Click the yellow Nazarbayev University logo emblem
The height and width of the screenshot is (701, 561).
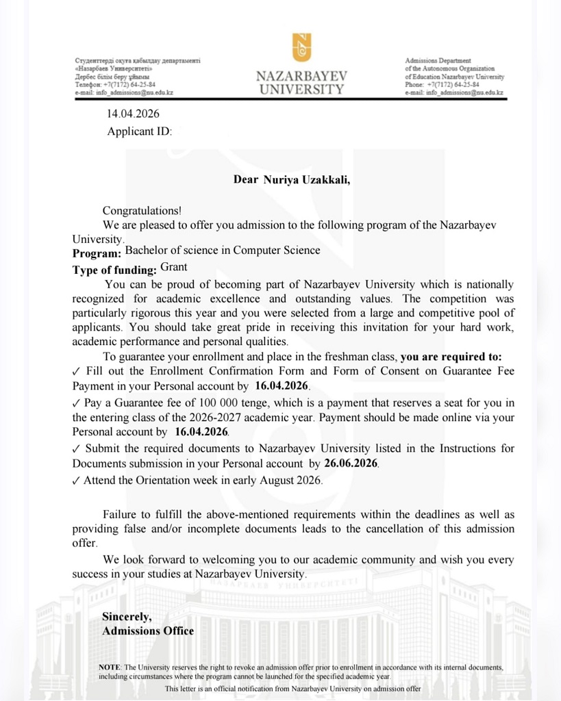301,48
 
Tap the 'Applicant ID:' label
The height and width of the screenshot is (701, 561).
139,131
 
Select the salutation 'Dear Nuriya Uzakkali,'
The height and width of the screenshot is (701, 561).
297,180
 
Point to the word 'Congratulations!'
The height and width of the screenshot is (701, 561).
142,212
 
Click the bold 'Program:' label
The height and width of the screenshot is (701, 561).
97,254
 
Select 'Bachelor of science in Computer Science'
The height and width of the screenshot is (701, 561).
223,251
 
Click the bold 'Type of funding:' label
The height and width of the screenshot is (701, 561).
114,270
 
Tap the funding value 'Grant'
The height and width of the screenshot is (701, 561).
174,268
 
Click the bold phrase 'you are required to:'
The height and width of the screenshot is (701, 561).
451,356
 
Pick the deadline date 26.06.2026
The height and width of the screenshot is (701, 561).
351,463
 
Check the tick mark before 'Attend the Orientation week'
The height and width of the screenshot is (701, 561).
76,481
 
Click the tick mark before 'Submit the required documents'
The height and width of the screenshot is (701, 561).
76,449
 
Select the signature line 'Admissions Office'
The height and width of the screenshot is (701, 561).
148,631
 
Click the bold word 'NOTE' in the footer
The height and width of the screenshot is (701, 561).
109,667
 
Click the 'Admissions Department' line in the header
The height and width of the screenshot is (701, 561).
438,61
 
